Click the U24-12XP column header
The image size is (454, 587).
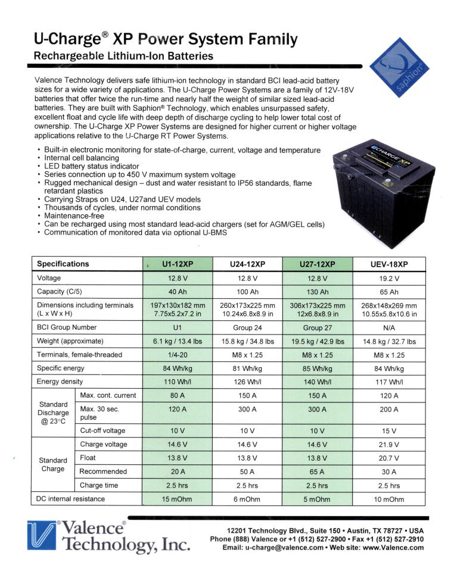[x=247, y=264]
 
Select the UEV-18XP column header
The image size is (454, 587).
[x=389, y=264]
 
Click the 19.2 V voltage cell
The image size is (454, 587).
[x=389, y=278]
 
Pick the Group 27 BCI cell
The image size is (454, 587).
[x=317, y=327]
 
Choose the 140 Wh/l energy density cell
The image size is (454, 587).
[x=317, y=382]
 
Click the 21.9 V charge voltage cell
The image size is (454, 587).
[x=389, y=444]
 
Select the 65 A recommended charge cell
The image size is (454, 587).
[x=317, y=472]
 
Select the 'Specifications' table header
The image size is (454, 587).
[x=63, y=264]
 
